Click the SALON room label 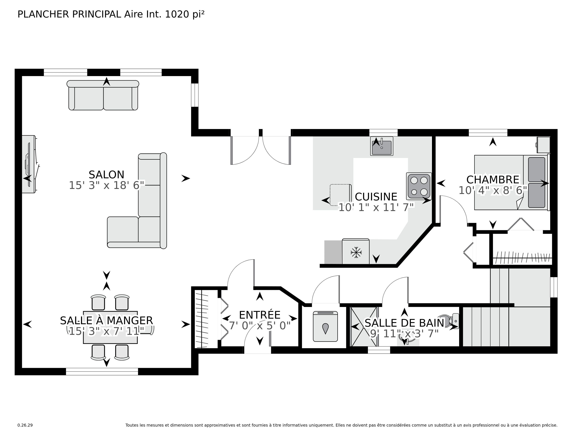(106, 175)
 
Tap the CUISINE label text (376, 197)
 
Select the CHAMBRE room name (493, 180)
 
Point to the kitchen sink (381, 146)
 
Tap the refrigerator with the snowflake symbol (355, 251)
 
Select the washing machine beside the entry (325, 326)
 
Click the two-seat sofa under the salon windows (103, 95)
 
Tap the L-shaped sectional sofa (137, 201)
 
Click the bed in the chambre (512, 182)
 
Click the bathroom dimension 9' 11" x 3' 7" (404, 334)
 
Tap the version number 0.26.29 (25, 425)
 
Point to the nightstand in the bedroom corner (543, 145)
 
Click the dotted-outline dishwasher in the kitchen (341, 195)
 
